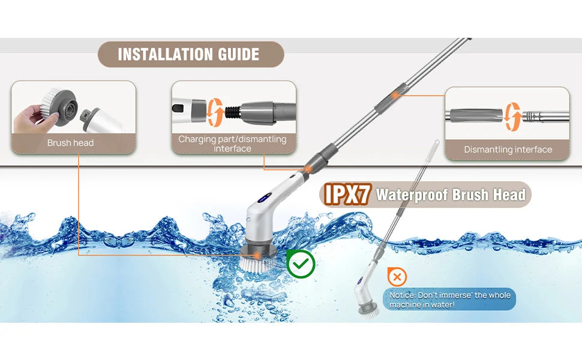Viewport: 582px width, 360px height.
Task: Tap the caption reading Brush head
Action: [x=71, y=143]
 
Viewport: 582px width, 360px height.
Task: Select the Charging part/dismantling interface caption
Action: [x=232, y=143]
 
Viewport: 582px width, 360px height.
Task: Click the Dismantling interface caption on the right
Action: [x=508, y=149]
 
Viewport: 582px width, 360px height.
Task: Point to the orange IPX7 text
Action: [x=344, y=194]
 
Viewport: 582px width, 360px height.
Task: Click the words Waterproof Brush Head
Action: [x=451, y=194]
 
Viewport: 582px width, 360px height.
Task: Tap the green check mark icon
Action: [x=300, y=263]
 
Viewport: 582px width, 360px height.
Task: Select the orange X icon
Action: [x=397, y=277]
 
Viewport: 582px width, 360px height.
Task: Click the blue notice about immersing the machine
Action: [x=449, y=300]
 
